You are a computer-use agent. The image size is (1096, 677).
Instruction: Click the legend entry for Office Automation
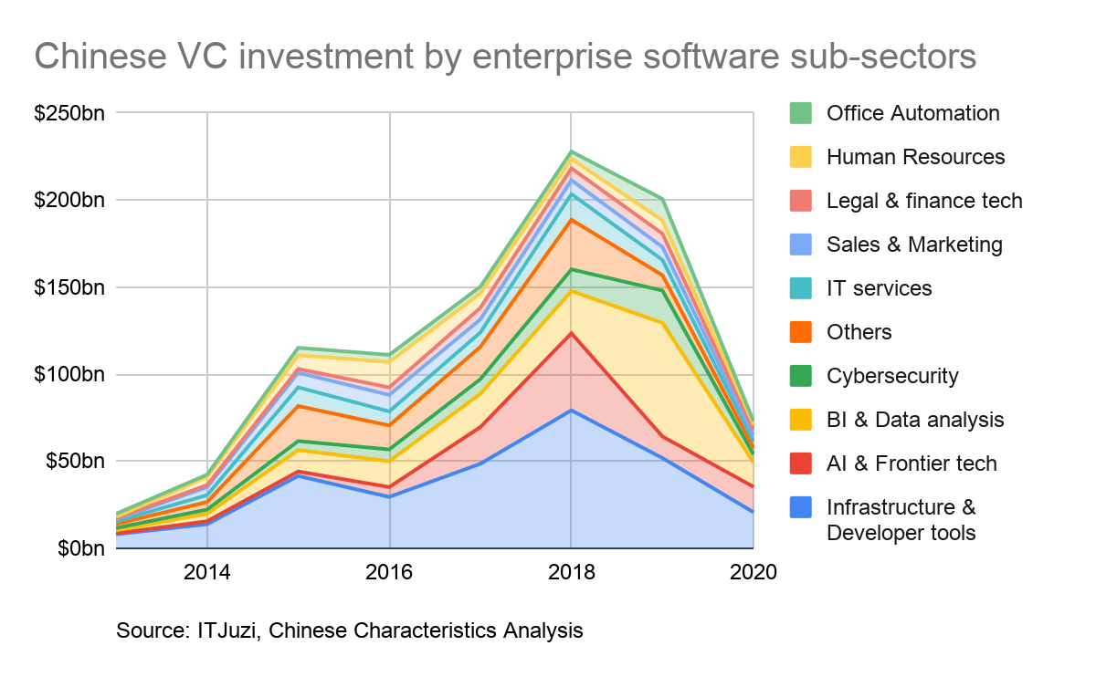point(912,113)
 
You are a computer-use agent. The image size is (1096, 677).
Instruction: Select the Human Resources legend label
point(915,157)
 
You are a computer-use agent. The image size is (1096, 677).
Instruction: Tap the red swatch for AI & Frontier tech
point(801,463)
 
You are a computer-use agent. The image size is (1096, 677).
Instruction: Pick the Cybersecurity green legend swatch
point(801,376)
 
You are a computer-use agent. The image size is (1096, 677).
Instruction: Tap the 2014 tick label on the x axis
point(207,574)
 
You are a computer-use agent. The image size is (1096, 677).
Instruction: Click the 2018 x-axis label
point(572,574)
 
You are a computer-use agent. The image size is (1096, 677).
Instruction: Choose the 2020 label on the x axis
point(753,574)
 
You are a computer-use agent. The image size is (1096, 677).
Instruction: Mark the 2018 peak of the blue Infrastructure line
point(572,410)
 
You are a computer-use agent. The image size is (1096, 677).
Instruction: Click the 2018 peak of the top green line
point(572,151)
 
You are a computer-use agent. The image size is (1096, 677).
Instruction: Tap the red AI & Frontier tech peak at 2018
point(572,332)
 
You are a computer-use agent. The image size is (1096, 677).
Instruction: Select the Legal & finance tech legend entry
point(924,201)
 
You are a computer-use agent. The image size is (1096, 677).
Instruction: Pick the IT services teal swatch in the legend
point(801,288)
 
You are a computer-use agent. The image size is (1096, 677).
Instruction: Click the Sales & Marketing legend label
point(914,245)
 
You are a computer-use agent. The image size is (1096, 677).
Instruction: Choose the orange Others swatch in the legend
point(801,332)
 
